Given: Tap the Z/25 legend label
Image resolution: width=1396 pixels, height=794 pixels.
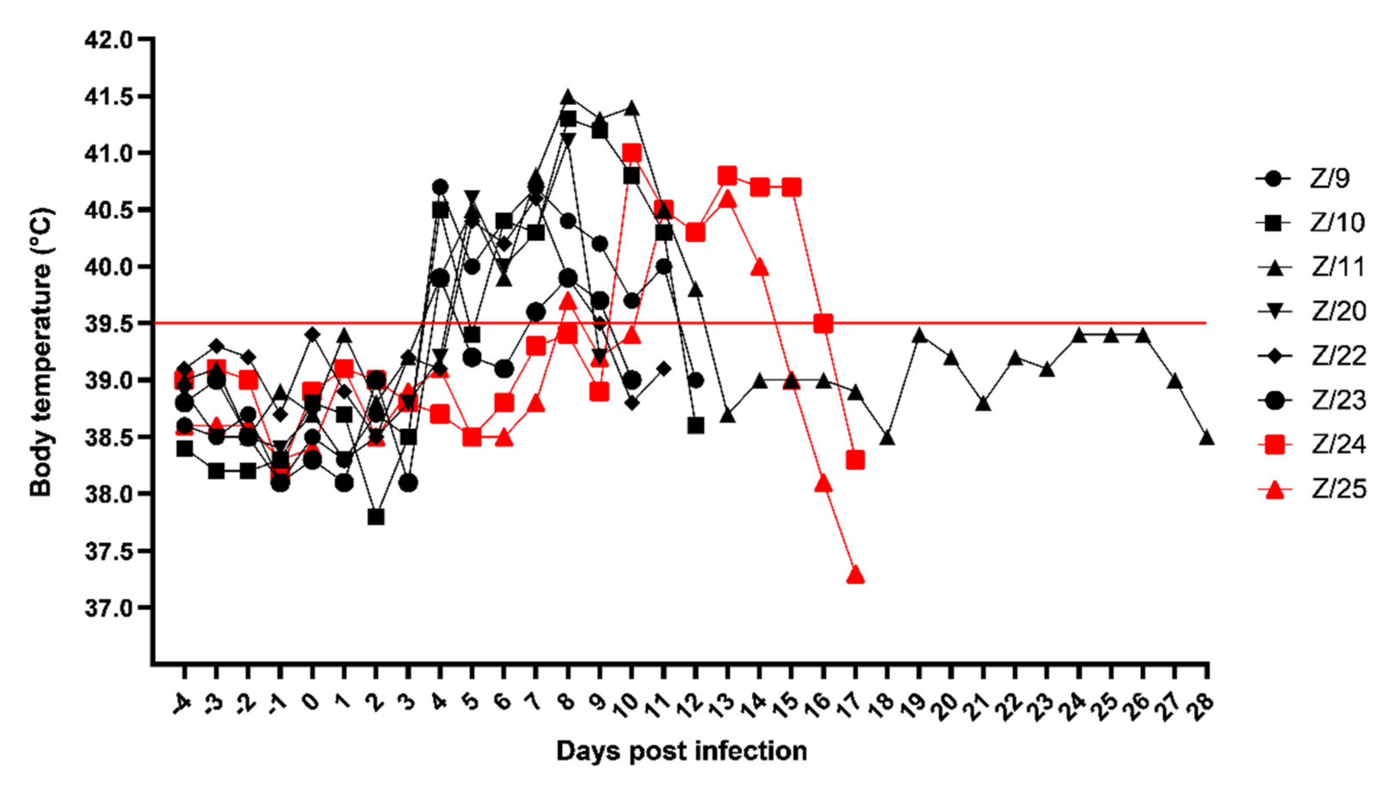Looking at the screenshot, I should pyautogui.click(x=1338, y=489).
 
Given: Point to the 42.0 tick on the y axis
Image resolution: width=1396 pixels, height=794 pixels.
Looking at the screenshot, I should pyautogui.click(x=108, y=40).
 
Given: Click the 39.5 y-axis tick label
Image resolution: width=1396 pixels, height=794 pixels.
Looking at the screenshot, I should pyautogui.click(x=108, y=324).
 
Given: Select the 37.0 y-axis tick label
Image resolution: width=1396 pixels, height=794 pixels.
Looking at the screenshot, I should pyautogui.click(x=108, y=608).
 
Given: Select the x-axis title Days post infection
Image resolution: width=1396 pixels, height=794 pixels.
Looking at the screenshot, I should pyautogui.click(x=681, y=751).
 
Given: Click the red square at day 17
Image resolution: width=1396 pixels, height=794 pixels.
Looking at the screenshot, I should pyautogui.click(x=856, y=460).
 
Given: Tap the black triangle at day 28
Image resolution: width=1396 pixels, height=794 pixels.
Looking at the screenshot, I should pyautogui.click(x=1206, y=438).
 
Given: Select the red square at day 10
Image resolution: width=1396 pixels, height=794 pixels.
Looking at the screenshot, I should pyautogui.click(x=632, y=153).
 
